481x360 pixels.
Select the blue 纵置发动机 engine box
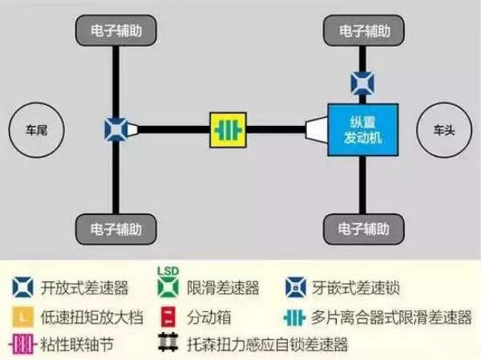click(x=363, y=130)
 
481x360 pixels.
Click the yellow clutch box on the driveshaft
click(x=228, y=130)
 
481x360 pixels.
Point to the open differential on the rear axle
click(x=115, y=130)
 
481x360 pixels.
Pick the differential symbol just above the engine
click(x=362, y=83)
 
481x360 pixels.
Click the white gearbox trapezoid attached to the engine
click(x=317, y=130)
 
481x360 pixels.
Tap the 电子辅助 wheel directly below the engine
click(x=364, y=229)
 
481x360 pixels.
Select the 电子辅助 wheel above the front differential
click(x=364, y=31)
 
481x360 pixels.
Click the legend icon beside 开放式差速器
click(x=22, y=287)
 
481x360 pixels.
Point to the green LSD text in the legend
click(x=168, y=271)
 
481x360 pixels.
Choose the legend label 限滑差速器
click(x=223, y=288)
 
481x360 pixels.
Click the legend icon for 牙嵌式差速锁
click(x=295, y=287)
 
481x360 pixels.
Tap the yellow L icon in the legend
click(x=22, y=317)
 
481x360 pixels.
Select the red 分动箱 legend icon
click(x=168, y=317)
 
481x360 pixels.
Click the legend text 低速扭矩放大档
click(x=91, y=318)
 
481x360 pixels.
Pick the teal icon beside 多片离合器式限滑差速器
click(x=294, y=318)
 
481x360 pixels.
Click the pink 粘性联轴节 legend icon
click(x=22, y=344)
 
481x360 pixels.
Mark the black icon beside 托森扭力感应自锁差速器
click(x=168, y=342)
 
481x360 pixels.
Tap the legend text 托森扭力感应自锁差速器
click(x=268, y=344)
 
